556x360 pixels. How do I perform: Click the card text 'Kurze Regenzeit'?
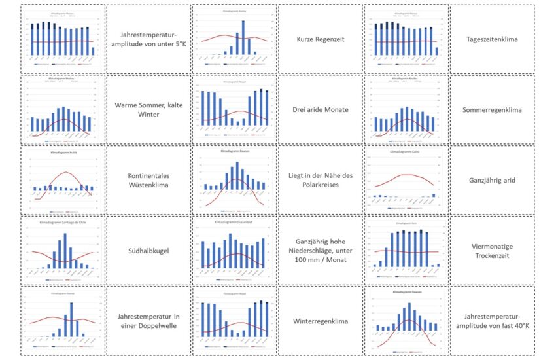point(321,39)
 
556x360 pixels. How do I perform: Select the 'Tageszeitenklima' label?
point(492,39)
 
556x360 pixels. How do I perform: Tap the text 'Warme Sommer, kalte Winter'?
point(148,109)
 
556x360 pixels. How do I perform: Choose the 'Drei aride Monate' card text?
point(321,109)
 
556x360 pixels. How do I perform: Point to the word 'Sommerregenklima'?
point(492,109)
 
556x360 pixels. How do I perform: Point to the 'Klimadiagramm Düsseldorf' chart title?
point(235,221)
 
